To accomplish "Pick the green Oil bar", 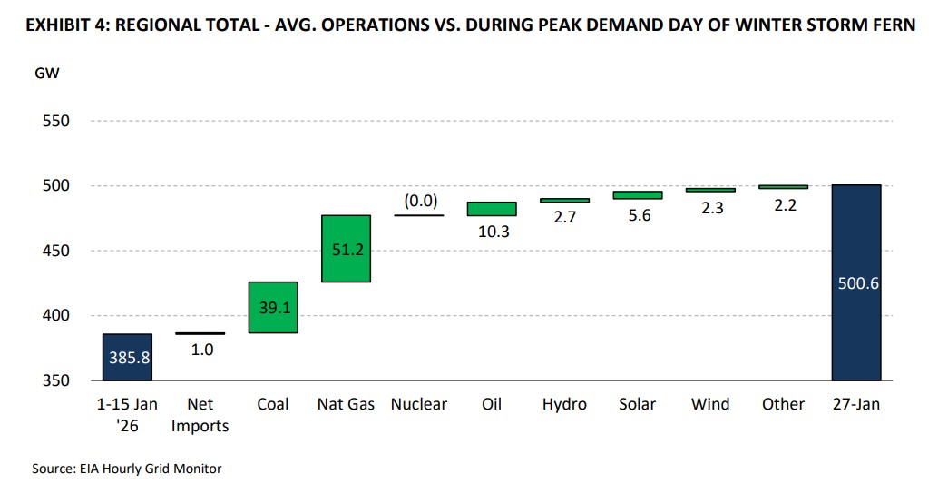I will [491, 209].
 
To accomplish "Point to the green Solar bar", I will [637, 194].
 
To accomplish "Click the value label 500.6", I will [855, 283].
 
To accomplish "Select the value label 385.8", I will [127, 357].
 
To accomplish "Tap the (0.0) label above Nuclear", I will [418, 201].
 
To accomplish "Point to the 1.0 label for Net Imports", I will [200, 349].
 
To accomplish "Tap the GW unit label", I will [48, 74].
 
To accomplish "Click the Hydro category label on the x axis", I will [563, 404].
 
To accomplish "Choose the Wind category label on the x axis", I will [709, 404].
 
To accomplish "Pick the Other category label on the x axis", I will [782, 404].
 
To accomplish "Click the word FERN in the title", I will [892, 25].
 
